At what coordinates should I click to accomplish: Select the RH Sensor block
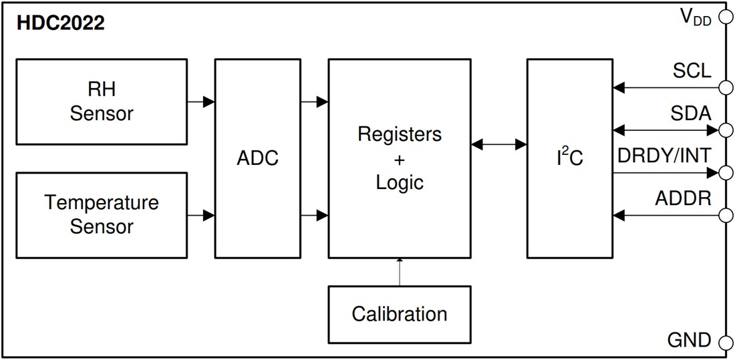tap(102, 102)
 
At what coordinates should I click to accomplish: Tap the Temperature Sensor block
tap(102, 214)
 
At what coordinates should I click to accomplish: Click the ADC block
tap(257, 158)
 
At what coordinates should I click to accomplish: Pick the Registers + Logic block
tap(400, 158)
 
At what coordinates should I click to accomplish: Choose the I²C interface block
tap(569, 158)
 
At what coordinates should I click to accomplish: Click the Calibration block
tap(400, 313)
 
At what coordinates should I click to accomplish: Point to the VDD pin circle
tap(724, 17)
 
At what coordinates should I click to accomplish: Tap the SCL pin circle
tap(724, 87)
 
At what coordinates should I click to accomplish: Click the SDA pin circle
tap(724, 130)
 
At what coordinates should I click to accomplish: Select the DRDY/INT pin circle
tap(724, 172)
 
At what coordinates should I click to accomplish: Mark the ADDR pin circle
tap(724, 215)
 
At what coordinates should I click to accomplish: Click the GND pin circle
tap(724, 343)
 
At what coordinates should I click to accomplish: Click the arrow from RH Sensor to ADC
tap(201, 102)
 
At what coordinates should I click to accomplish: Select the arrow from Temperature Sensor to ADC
tap(201, 215)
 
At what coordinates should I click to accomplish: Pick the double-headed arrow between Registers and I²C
tap(498, 144)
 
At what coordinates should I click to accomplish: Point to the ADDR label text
tap(683, 198)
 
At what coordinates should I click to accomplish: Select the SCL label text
tap(692, 70)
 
